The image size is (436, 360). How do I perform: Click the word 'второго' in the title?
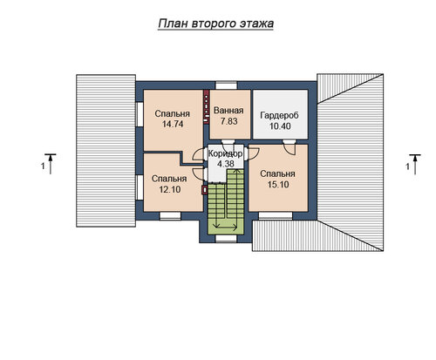click(215, 24)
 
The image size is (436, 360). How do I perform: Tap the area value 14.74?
click(173, 124)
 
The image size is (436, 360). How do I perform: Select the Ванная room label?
click(228, 111)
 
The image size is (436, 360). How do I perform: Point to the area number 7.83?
click(229, 121)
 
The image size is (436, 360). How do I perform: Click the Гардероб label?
click(279, 115)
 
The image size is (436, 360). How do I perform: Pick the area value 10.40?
click(280, 126)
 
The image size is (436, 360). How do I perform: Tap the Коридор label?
click(226, 153)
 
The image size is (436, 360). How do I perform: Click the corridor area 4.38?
click(226, 164)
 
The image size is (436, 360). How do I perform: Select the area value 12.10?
click(170, 189)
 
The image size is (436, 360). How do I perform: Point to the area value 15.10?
click(278, 185)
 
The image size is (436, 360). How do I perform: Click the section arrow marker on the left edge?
click(51, 164)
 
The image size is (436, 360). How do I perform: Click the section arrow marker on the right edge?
click(415, 165)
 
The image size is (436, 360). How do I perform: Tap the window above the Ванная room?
click(227, 85)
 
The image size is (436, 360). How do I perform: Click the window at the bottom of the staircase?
click(227, 238)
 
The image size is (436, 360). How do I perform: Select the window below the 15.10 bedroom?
click(276, 215)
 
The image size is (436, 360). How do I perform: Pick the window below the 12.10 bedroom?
click(170, 215)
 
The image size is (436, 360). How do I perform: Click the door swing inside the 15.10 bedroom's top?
click(290, 147)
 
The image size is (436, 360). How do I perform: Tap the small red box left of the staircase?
click(205, 190)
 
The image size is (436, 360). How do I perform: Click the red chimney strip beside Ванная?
click(207, 107)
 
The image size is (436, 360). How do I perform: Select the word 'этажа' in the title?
click(257, 24)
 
